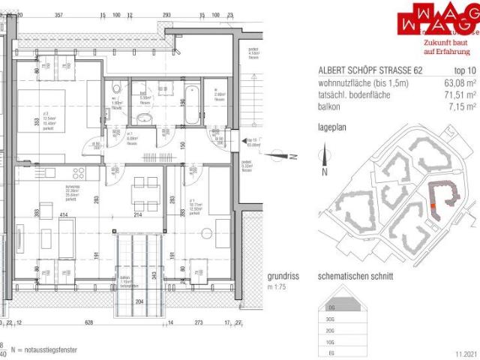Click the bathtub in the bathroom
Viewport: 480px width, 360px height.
point(190,104)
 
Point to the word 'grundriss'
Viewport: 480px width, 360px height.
point(283,275)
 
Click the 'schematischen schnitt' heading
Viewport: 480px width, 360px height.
point(355,276)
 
